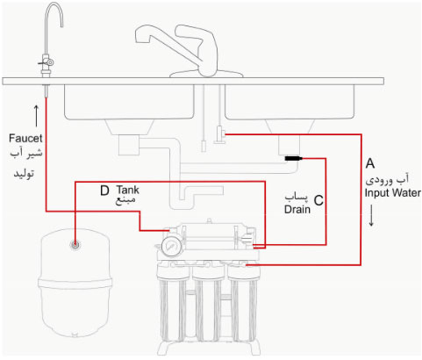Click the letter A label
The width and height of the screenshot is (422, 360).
tap(370, 163)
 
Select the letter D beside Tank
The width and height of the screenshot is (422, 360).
tap(104, 189)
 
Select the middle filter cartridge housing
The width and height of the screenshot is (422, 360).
tap(207, 307)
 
